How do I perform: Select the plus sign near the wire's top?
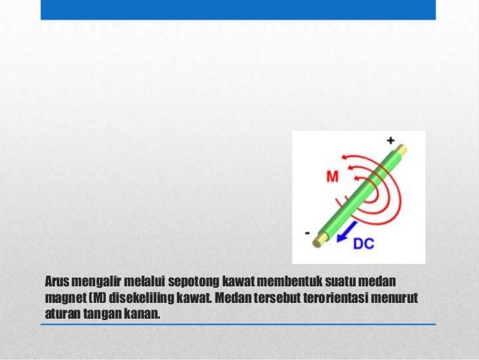(x=390, y=141)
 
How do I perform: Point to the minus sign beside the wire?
(x=307, y=234)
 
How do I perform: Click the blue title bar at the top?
(x=237, y=10)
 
